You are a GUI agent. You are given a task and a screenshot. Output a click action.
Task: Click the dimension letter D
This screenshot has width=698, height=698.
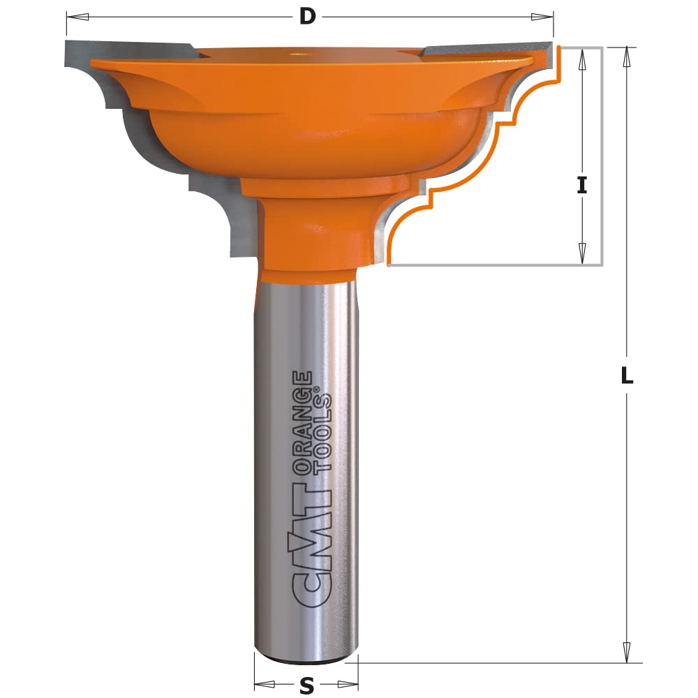coord(307,17)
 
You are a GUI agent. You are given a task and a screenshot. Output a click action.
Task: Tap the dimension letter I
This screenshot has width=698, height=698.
coord(582,185)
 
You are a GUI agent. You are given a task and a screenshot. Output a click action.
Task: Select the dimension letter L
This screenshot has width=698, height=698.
coord(627,376)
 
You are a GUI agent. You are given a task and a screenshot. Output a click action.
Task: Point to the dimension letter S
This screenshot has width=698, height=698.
coord(306,686)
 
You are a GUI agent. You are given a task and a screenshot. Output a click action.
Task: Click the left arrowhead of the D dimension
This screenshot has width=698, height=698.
coord(77,17)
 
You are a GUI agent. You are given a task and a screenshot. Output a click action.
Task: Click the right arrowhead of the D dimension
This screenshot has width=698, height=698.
coord(542,17)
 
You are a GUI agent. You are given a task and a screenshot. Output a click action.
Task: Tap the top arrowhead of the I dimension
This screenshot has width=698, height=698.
coord(582,59)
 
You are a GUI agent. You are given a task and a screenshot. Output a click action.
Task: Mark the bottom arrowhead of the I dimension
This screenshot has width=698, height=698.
coord(582,254)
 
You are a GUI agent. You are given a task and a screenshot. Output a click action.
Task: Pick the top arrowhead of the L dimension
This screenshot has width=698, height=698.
coord(627,57)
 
